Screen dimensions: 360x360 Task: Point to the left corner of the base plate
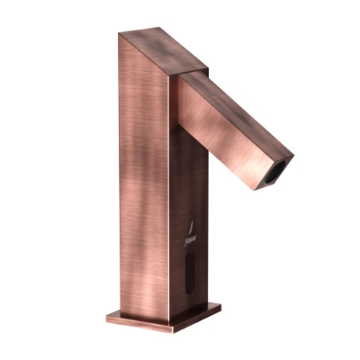click(106, 314)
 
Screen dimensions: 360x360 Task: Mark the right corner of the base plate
click(220, 307)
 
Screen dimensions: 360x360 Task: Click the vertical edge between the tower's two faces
click(168, 198)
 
